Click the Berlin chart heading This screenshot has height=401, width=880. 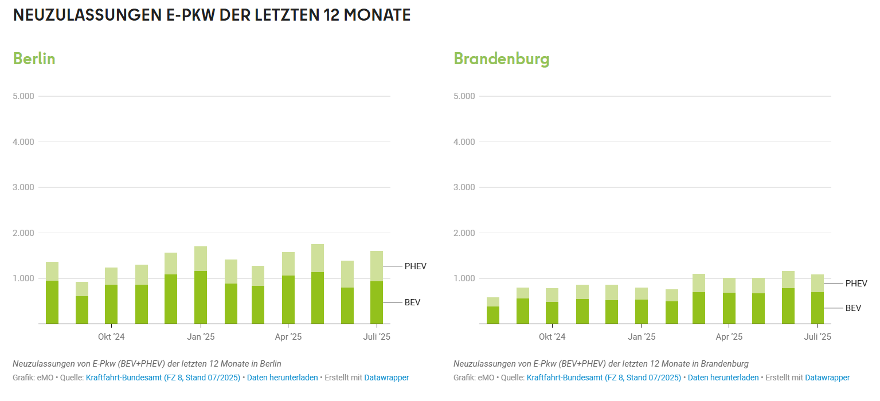pos(34,58)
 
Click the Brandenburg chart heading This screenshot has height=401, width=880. pos(501,58)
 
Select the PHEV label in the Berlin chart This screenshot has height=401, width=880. pos(415,266)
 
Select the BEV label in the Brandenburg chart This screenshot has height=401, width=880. pos(853,308)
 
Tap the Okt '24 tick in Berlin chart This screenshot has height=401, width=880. pos(111,337)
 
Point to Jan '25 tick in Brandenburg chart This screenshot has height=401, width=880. pos(642,337)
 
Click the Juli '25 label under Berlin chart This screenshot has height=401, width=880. pos(377,337)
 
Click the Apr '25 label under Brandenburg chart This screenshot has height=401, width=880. pos(729,337)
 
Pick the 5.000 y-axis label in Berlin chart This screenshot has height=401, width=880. pos(24,96)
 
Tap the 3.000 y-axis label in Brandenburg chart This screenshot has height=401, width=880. pos(464,187)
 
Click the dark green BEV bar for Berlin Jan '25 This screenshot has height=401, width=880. pos(201,298)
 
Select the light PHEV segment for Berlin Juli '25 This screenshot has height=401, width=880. pos(377,266)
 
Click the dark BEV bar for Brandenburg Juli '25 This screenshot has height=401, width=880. pos(818,308)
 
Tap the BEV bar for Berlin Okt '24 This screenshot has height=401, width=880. pos(111,304)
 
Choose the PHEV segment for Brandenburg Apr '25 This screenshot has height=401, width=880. pos(729,285)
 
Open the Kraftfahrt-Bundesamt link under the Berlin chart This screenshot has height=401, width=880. pos(163,378)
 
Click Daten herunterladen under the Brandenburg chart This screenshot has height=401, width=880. pos(723,378)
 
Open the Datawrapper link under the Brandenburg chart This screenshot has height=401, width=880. pos(827,378)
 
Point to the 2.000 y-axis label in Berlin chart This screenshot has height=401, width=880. pos(24,233)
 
